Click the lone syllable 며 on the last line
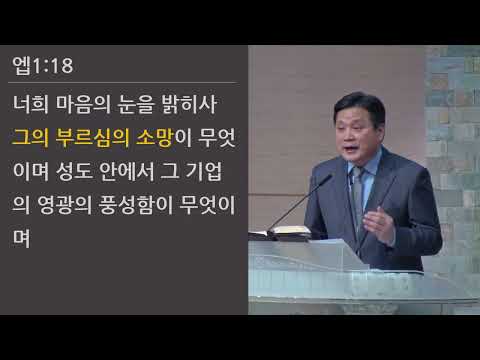pyautogui.click(x=24, y=239)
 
